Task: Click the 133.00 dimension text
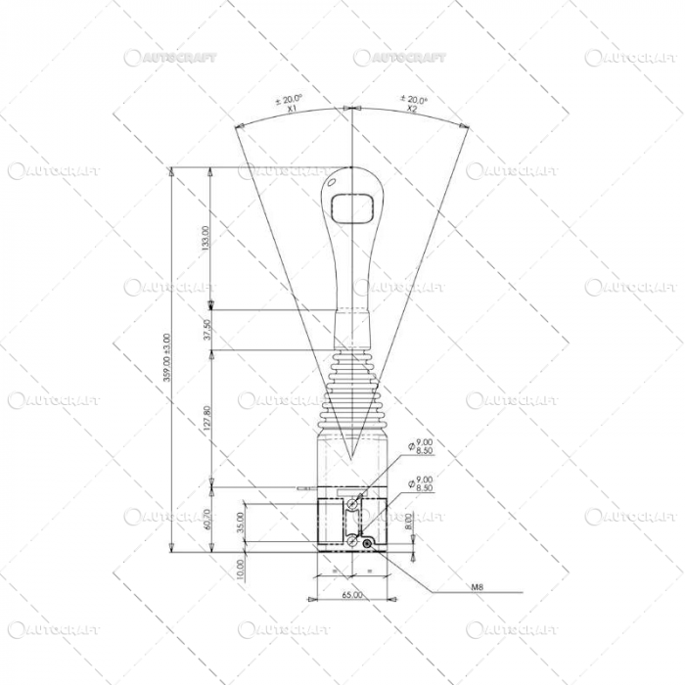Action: click(x=205, y=240)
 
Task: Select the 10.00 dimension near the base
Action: click(x=241, y=568)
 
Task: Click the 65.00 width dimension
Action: click(x=352, y=594)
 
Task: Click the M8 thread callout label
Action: click(x=478, y=588)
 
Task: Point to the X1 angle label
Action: click(x=292, y=111)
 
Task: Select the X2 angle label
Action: click(x=412, y=111)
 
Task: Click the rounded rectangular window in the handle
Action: click(x=351, y=207)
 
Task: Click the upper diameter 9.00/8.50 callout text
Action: click(x=425, y=447)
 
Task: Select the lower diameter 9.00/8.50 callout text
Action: click(x=425, y=483)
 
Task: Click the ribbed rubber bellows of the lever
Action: click(x=350, y=387)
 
